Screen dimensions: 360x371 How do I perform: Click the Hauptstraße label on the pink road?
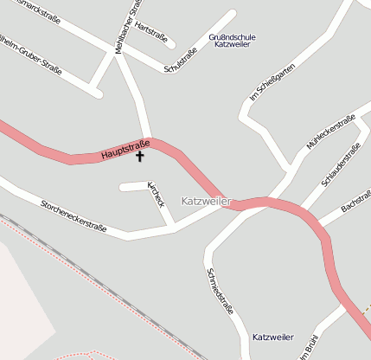click(x=125, y=149)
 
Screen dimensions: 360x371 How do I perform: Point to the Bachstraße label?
click(x=355, y=202)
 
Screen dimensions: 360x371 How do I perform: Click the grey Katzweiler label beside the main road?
click(x=207, y=201)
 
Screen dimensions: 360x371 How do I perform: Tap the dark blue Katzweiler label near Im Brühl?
click(x=273, y=337)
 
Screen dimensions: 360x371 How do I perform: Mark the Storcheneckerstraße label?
click(x=74, y=216)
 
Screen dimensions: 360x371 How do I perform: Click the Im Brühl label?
click(x=310, y=346)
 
